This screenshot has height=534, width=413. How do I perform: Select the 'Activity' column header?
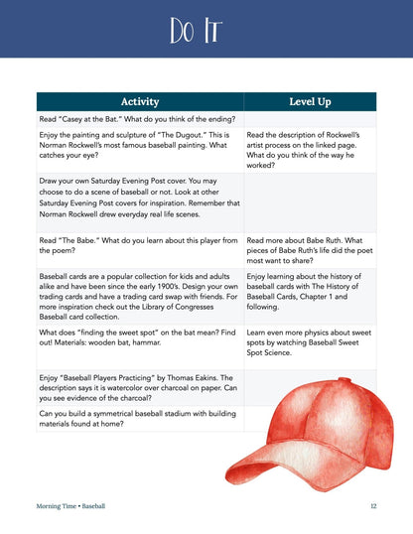(x=139, y=101)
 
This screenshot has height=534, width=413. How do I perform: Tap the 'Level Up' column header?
(x=309, y=101)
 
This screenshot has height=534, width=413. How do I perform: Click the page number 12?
(x=372, y=506)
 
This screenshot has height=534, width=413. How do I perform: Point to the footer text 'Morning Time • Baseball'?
(x=70, y=506)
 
